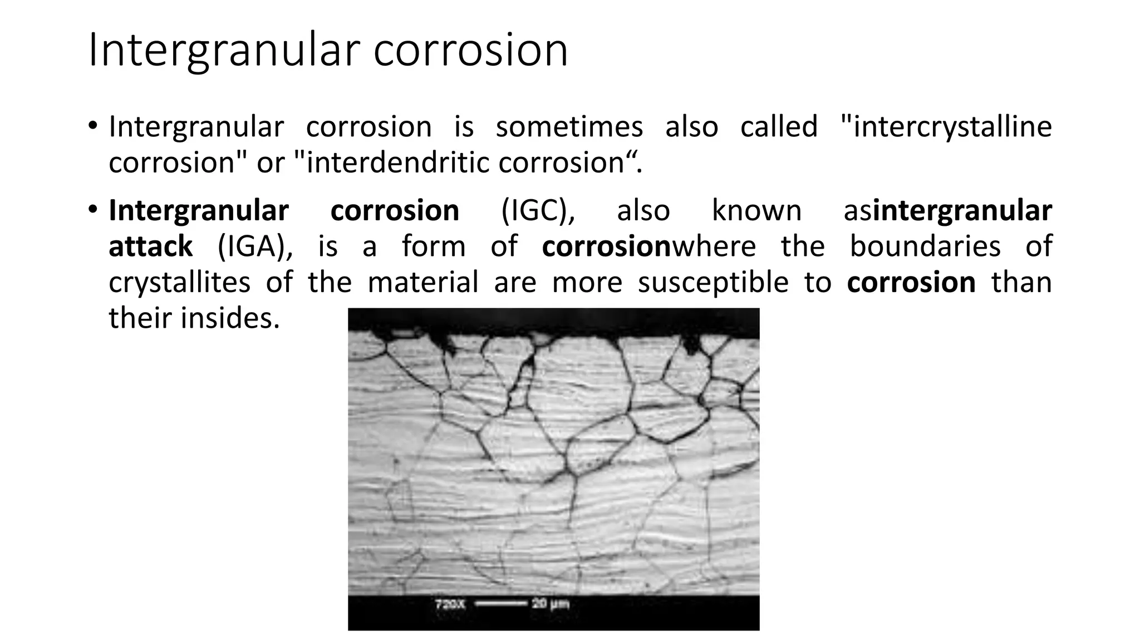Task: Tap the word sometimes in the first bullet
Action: [x=569, y=127]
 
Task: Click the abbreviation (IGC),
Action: [x=538, y=211]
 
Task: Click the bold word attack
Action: [x=150, y=247]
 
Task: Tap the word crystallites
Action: [x=179, y=283]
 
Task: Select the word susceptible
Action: [x=713, y=283]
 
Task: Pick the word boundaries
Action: [x=925, y=247]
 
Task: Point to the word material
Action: [x=423, y=283]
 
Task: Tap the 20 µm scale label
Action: [x=551, y=604]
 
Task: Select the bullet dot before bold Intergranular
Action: [x=92, y=209]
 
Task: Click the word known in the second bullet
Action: [x=756, y=211]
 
